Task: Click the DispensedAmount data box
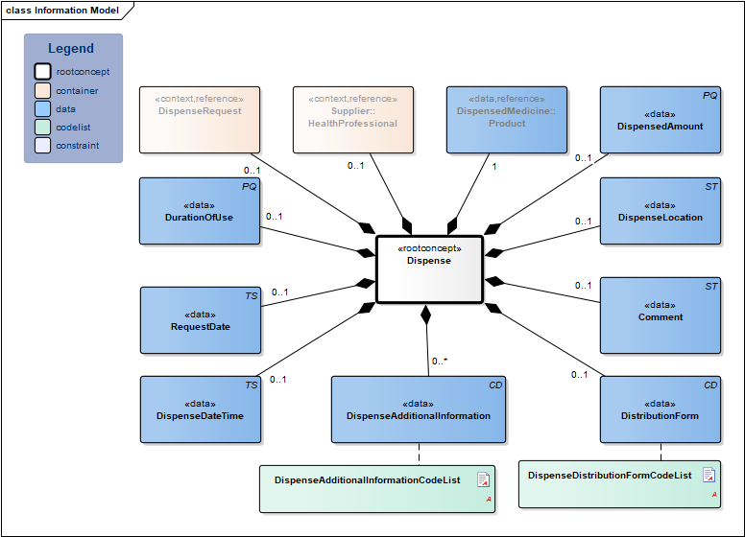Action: pyautogui.click(x=661, y=120)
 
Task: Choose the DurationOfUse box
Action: pyautogui.click(x=200, y=211)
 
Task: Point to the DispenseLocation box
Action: pyautogui.click(x=661, y=211)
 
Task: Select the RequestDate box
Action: pyautogui.click(x=200, y=320)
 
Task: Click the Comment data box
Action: pyautogui.click(x=661, y=315)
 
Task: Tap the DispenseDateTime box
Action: pyautogui.click(x=200, y=409)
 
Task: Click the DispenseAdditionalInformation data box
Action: pyautogui.click(x=419, y=409)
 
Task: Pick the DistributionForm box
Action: pyautogui.click(x=661, y=409)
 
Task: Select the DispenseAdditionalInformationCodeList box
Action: pyautogui.click(x=377, y=488)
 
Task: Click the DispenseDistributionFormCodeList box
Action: pyautogui.click(x=619, y=483)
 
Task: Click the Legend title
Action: pyautogui.click(x=71, y=49)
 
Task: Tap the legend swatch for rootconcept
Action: pyautogui.click(x=42, y=72)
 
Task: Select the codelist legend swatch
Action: pyautogui.click(x=42, y=128)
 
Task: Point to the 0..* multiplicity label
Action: pyautogui.click(x=440, y=362)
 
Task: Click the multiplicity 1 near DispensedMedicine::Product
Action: pyautogui.click(x=493, y=166)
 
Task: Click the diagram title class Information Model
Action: pyautogui.click(x=62, y=11)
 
